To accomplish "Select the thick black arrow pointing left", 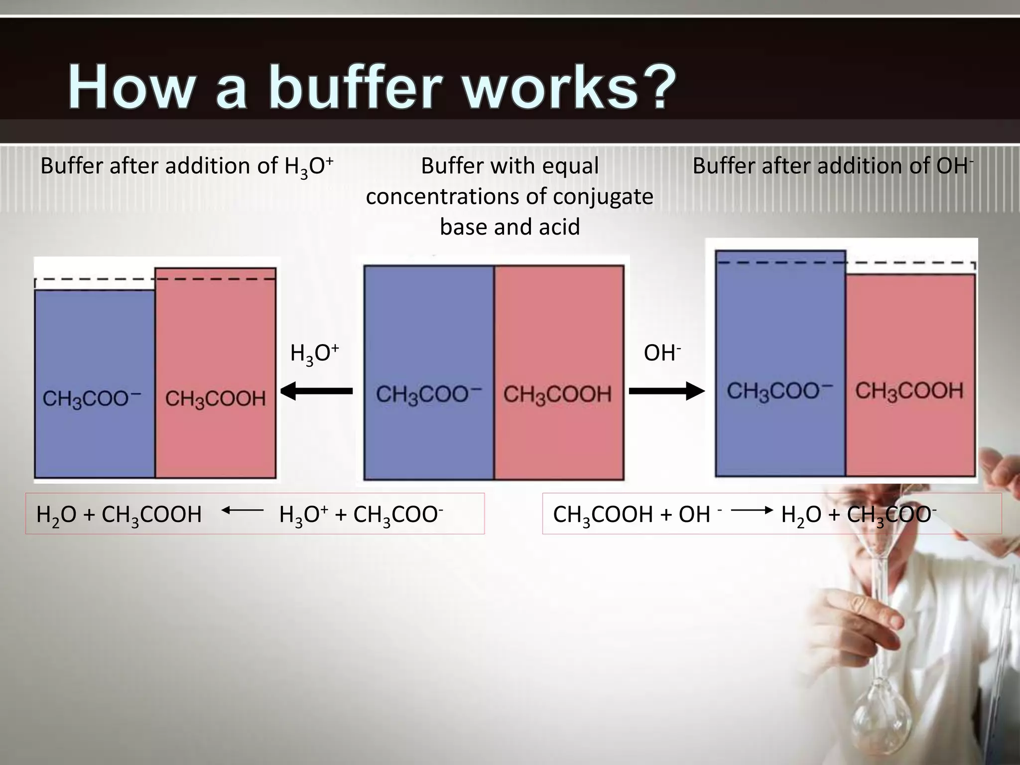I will [x=316, y=391].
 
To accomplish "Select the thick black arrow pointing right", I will [x=667, y=391].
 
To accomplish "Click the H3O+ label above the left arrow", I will [x=314, y=354].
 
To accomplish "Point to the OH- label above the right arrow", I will [x=662, y=354].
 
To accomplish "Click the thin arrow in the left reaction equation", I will [x=243, y=510].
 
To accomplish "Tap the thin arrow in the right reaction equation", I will [x=752, y=510].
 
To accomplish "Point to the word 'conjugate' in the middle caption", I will [x=603, y=197].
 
